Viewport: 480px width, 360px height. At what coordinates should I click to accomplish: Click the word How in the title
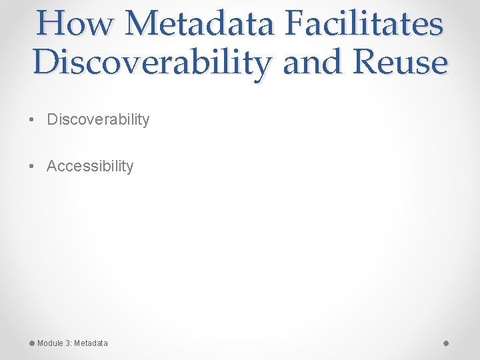coord(75,23)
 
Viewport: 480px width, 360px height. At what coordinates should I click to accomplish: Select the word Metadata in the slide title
coord(201,23)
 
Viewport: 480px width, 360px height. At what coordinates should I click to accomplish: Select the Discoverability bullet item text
coord(98,119)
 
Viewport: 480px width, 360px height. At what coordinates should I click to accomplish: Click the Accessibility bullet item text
coord(90,166)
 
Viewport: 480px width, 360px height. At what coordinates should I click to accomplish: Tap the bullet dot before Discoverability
coord(32,120)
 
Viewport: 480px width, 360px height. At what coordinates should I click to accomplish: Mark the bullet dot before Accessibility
coord(32,167)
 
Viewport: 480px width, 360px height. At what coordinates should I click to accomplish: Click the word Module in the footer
coord(50,343)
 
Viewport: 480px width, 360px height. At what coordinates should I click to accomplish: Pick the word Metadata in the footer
coord(91,343)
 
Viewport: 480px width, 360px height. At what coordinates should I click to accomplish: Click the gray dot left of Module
coord(32,343)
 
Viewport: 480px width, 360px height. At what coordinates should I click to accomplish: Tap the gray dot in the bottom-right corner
coord(446,343)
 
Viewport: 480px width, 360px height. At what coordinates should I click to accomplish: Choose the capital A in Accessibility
coord(52,166)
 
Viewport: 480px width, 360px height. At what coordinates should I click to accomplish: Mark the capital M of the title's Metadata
coord(143,23)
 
